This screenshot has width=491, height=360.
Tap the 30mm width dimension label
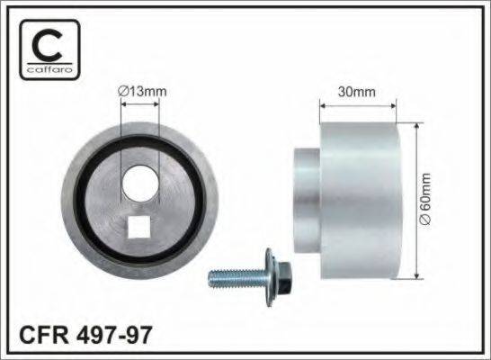(358, 91)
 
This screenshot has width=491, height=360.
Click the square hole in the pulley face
(140, 229)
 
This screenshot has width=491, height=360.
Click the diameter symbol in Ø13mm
(122, 90)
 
